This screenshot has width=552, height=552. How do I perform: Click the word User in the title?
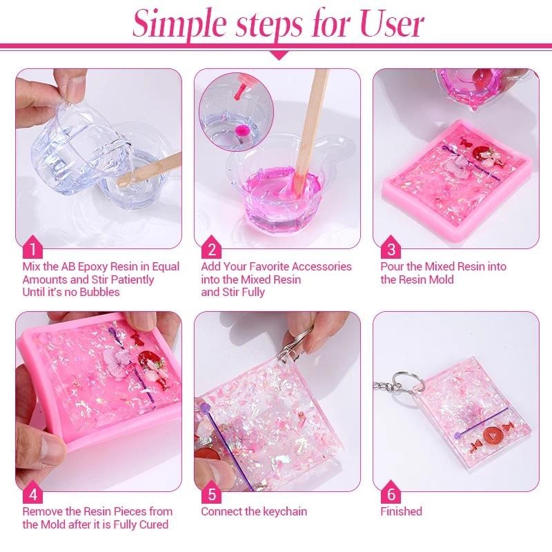pyautogui.click(x=391, y=23)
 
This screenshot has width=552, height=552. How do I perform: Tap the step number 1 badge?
pyautogui.click(x=32, y=247)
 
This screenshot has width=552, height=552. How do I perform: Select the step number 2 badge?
pyautogui.click(x=211, y=247)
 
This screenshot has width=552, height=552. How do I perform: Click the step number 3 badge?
pyautogui.click(x=391, y=247)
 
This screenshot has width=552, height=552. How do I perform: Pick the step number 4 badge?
pyautogui.click(x=32, y=492)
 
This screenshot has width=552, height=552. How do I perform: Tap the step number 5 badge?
pyautogui.click(x=211, y=492)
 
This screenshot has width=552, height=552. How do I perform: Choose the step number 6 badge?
pyautogui.click(x=391, y=492)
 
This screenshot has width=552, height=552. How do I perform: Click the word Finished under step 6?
pyautogui.click(x=401, y=511)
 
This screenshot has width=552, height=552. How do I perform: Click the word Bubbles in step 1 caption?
pyautogui.click(x=99, y=292)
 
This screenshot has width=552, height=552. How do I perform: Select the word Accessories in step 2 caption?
pyautogui.click(x=322, y=266)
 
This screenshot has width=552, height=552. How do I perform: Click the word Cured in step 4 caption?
pyautogui.click(x=154, y=524)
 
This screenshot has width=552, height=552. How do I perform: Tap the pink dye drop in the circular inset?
pyautogui.click(x=241, y=130)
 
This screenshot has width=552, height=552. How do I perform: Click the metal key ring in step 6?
pyautogui.click(x=404, y=382)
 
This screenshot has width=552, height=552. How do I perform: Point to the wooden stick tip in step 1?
pyautogui.click(x=121, y=182)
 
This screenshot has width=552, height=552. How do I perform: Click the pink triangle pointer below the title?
pyautogui.click(x=278, y=55)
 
